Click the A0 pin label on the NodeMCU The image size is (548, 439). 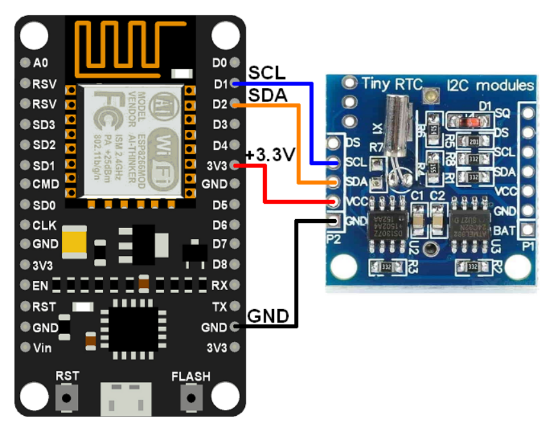[41, 63]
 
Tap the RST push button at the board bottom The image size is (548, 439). [67, 397]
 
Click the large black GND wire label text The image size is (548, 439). [268, 316]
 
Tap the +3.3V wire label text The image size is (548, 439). [270, 155]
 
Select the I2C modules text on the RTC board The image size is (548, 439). [490, 85]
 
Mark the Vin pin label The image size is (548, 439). [44, 348]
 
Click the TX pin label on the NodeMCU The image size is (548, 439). [219, 307]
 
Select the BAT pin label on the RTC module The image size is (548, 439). [504, 230]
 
